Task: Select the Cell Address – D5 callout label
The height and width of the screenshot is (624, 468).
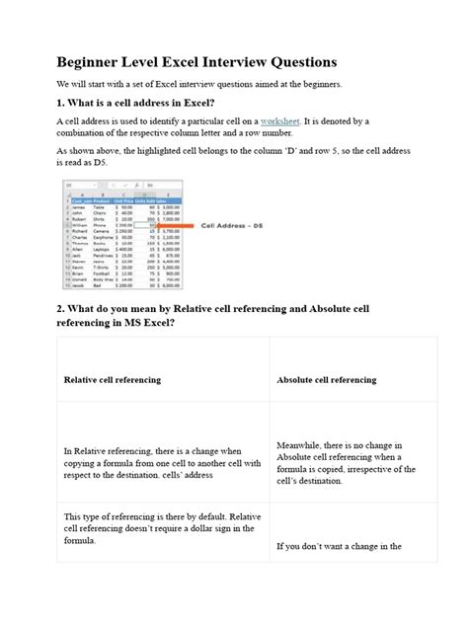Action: (x=233, y=224)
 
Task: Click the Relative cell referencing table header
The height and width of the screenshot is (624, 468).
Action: (x=115, y=379)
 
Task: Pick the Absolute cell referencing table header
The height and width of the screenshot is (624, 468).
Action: (x=326, y=379)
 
